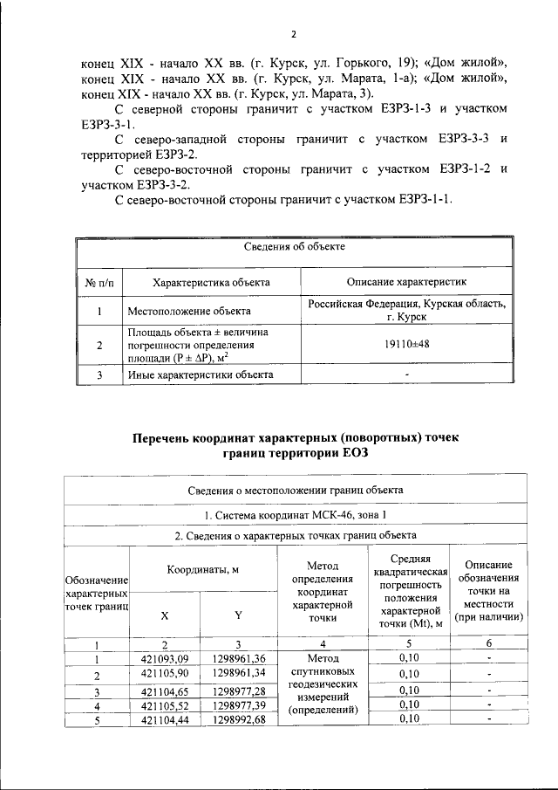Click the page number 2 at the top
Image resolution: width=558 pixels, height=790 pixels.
coord(294,34)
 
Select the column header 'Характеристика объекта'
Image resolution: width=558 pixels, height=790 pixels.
coord(211,282)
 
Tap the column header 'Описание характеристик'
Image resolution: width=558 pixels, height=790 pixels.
coord(406,282)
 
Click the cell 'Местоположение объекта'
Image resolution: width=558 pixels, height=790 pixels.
coord(189,311)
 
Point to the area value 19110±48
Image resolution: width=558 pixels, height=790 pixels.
coord(406,345)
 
